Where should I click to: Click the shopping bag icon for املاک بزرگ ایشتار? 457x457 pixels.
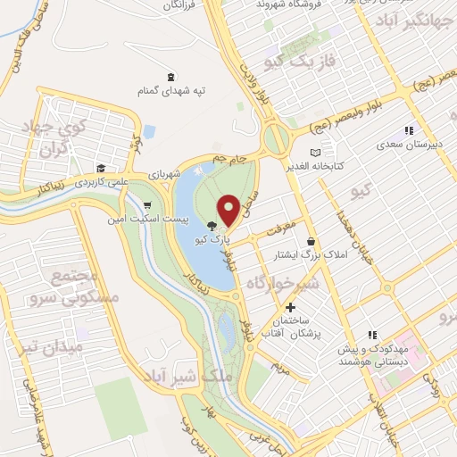311,242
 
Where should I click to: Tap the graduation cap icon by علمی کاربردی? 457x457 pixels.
102,167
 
